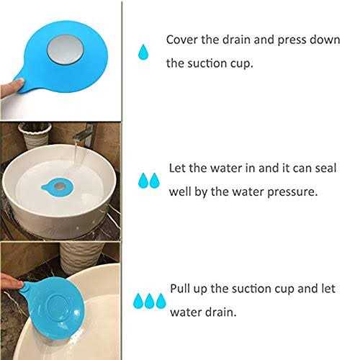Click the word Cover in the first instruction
pyautogui.click(x=181, y=40)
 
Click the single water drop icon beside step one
pyautogui.click(x=145, y=51)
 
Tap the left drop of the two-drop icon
pyautogui.click(x=143, y=179)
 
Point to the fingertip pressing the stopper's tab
pyautogui.click(x=7, y=86)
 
